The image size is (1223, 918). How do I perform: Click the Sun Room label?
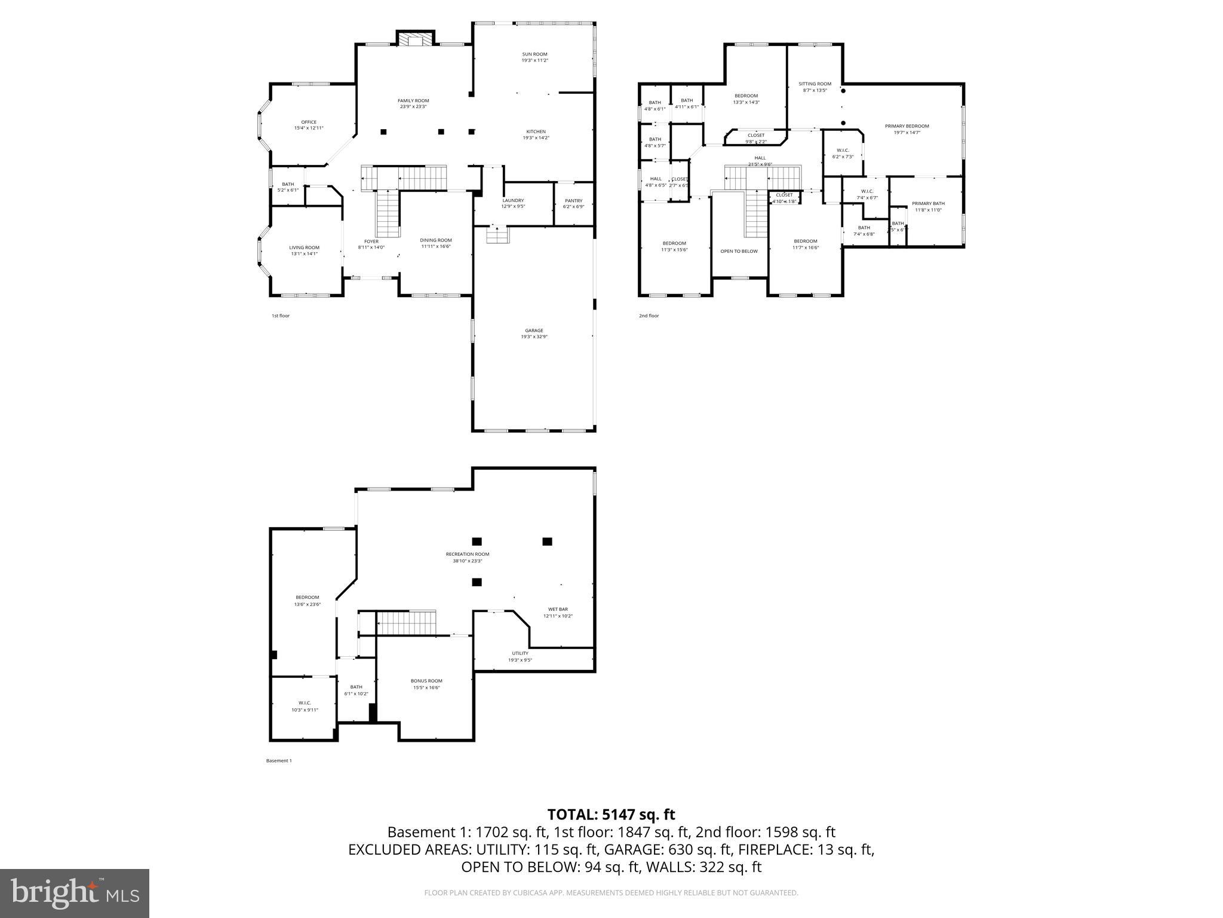click(x=534, y=54)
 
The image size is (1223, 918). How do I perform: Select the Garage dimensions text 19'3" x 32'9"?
click(x=534, y=337)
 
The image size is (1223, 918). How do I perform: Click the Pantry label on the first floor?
click(x=573, y=201)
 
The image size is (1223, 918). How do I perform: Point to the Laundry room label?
click(x=513, y=200)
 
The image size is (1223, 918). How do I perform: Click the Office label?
click(x=309, y=122)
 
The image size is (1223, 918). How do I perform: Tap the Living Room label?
click(x=304, y=247)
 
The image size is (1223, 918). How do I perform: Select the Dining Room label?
click(x=435, y=240)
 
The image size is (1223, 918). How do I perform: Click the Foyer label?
click(x=371, y=241)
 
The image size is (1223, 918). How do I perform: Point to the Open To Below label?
click(x=739, y=251)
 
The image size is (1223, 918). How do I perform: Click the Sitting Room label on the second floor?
click(x=815, y=84)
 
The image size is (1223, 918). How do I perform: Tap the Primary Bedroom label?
click(x=907, y=126)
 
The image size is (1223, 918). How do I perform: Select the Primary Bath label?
click(x=928, y=204)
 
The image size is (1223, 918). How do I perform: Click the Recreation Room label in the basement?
click(x=467, y=554)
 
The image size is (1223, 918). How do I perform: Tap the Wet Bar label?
click(x=558, y=610)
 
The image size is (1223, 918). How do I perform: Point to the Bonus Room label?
click(x=426, y=681)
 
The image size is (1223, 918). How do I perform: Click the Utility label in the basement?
click(x=520, y=653)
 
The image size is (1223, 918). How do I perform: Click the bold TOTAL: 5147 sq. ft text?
click(x=611, y=814)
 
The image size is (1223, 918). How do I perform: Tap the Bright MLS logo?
click(x=75, y=893)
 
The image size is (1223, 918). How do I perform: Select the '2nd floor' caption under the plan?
click(x=649, y=316)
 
